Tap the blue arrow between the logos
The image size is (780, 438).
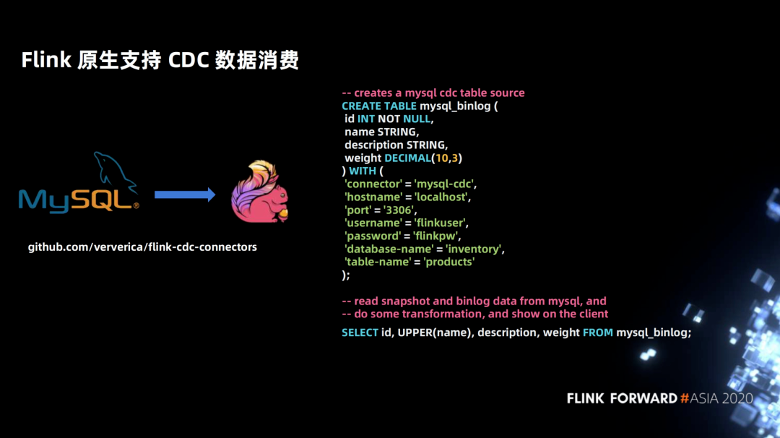tap(185, 194)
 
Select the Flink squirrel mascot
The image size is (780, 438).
tap(260, 191)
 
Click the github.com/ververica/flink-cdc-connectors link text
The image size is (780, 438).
tap(142, 247)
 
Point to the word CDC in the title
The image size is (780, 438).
tap(188, 60)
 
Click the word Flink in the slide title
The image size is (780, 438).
tap(46, 60)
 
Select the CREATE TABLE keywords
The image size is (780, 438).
tap(379, 106)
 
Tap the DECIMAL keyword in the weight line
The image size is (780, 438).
tap(407, 158)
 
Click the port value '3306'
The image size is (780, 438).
tap(399, 210)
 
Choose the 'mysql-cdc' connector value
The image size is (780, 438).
tap(444, 184)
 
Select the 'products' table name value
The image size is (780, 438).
tap(448, 262)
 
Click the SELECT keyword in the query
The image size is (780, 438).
tap(360, 332)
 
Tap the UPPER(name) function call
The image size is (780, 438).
tap(434, 332)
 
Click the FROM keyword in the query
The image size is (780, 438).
tap(598, 332)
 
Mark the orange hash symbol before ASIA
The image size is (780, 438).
tap(685, 398)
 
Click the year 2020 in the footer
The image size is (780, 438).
tap(737, 398)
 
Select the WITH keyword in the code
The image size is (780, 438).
tap(362, 171)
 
